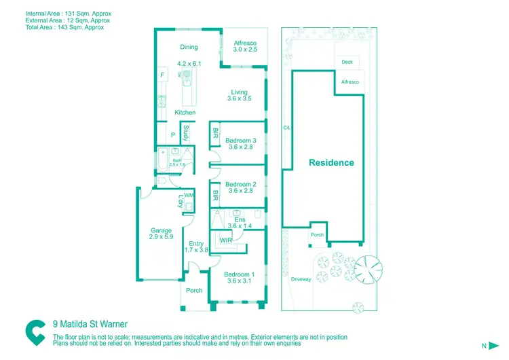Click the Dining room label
coord(189,47)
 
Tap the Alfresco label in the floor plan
coord(245,43)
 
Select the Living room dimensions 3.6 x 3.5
coord(239,99)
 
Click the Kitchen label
coord(185,112)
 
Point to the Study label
coord(185,132)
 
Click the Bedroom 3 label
coord(240,141)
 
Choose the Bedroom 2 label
coord(240,184)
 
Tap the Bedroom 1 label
coord(240,274)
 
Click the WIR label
coord(227,240)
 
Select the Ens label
coord(240,219)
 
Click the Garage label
coord(161,230)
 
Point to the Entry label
coord(196,244)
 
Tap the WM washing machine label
coord(189,195)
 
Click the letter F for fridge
coord(162,74)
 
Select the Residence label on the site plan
coord(331,162)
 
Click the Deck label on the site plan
coord(347,62)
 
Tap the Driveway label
coord(301,279)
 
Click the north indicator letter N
coord(484,346)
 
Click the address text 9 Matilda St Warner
coord(90,324)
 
